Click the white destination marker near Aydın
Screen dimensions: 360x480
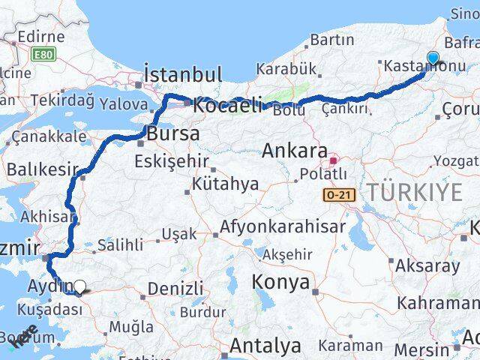coord(80,285)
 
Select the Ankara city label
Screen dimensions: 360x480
coord(295,151)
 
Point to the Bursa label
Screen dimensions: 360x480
coord(174,134)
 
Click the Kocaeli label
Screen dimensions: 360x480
coord(226,106)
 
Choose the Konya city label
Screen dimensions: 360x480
coord(280,282)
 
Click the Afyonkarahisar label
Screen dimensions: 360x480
coord(283,226)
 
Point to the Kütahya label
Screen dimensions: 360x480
coord(225,183)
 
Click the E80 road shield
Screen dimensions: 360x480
coord(43,54)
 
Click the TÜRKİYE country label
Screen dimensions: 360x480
coord(414,193)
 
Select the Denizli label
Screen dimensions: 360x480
coord(175,289)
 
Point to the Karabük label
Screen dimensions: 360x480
coord(286,69)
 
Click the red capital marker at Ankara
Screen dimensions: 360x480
coord(335,159)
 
